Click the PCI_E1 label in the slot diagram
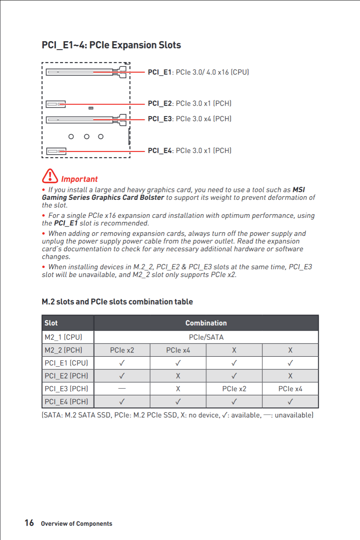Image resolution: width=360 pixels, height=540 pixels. (159, 72)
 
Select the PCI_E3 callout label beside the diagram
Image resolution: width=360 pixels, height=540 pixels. (159, 119)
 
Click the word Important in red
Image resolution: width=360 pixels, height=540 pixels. (79, 180)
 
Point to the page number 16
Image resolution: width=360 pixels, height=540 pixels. (29, 523)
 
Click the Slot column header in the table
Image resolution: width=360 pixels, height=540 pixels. (51, 323)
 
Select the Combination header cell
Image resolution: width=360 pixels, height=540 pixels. (206, 323)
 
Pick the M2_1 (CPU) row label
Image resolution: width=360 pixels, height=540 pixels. (63, 337)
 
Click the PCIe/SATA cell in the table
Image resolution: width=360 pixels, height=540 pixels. (206, 337)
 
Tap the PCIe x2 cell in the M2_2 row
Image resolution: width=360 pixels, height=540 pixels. (122, 350)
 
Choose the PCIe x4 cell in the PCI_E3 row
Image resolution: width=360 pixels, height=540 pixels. (290, 389)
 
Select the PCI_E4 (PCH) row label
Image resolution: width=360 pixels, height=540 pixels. (66, 402)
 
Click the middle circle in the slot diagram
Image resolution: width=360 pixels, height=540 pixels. (86, 137)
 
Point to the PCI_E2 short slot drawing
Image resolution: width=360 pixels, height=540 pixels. (56, 104)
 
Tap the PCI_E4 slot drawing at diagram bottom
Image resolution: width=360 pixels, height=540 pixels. (56, 151)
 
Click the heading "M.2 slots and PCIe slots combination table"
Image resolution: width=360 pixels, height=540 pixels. (117, 302)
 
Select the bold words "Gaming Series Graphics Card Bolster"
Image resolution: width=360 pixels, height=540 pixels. (103, 198)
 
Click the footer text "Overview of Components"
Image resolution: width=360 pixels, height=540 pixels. (76, 524)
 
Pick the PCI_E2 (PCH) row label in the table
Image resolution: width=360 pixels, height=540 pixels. (66, 376)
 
